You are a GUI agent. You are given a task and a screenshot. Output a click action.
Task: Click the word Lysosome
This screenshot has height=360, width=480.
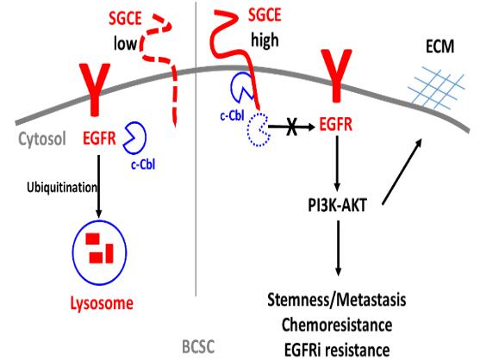[102, 304]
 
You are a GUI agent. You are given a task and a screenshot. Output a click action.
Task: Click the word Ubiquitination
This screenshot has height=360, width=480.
[62, 187]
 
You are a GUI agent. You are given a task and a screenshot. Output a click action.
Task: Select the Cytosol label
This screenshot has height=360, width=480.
[42, 140]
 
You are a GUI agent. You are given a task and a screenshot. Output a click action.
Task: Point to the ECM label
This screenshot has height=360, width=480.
[439, 47]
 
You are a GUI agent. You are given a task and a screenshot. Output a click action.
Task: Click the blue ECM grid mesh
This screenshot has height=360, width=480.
[437, 88]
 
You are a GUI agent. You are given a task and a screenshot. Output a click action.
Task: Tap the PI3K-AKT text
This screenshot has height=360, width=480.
[337, 205]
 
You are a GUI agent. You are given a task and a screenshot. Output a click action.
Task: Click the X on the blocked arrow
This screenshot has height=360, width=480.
[292, 127]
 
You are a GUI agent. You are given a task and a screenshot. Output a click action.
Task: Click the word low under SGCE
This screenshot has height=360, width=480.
[125, 43]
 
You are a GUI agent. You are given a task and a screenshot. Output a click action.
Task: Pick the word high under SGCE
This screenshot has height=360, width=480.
[265, 40]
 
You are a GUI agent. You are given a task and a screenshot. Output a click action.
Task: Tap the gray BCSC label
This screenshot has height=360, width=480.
[198, 347]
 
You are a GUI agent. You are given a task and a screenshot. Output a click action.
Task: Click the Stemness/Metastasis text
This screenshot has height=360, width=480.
[337, 300]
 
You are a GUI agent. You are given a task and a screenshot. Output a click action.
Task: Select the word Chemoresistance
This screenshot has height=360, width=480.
[337, 325]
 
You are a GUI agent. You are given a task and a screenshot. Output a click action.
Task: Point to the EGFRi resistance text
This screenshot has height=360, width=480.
[337, 350]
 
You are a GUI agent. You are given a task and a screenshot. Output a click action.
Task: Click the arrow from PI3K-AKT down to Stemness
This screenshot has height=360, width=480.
[338, 248]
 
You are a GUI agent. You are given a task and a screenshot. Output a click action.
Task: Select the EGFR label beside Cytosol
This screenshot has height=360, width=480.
[99, 139]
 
